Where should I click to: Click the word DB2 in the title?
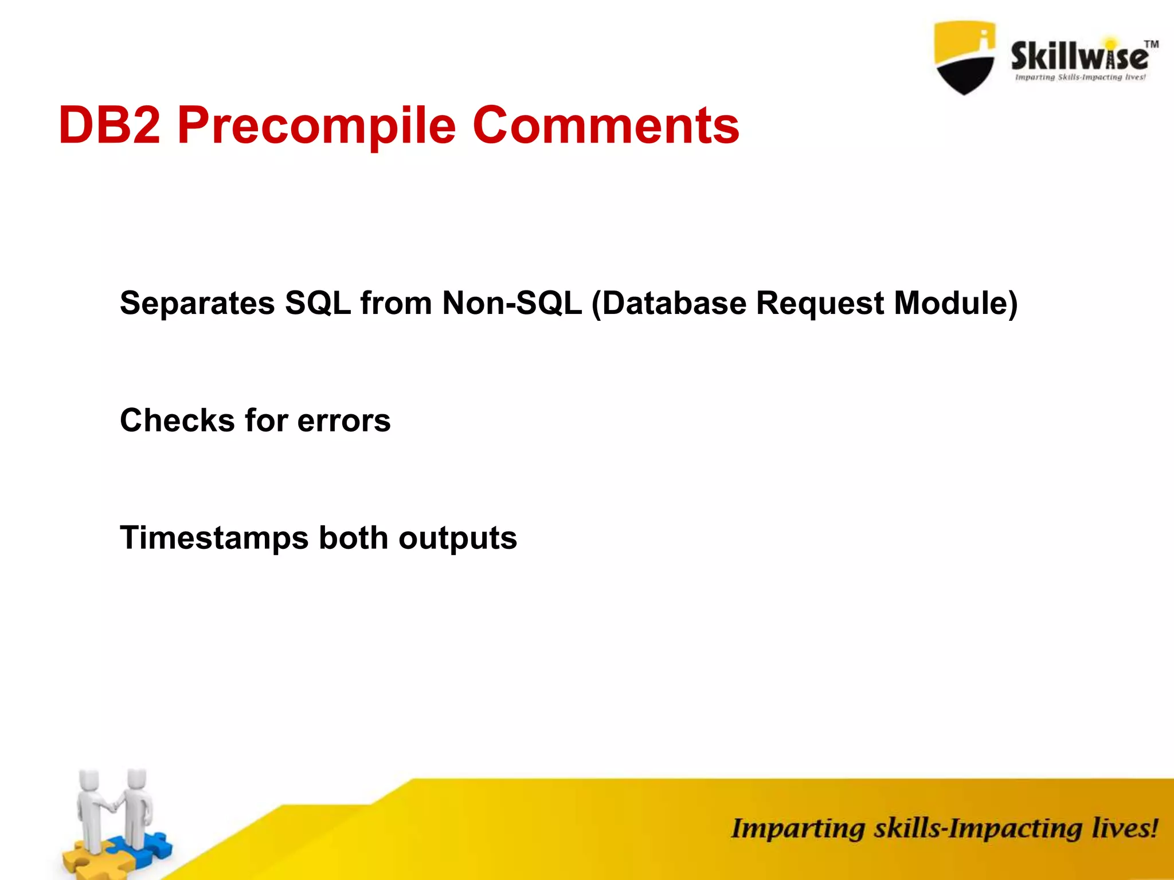pos(109,125)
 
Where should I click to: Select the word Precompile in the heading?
pos(316,125)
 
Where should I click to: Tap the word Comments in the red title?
pos(605,125)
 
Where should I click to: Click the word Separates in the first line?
pos(197,303)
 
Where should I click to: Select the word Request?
pos(820,303)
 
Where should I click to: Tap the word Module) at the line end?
pos(956,303)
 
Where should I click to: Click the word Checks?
pos(177,421)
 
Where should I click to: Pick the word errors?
pos(344,421)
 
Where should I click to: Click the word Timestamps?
pos(214,538)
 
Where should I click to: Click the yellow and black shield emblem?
pos(965,57)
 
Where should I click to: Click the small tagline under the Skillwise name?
pos(1080,77)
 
